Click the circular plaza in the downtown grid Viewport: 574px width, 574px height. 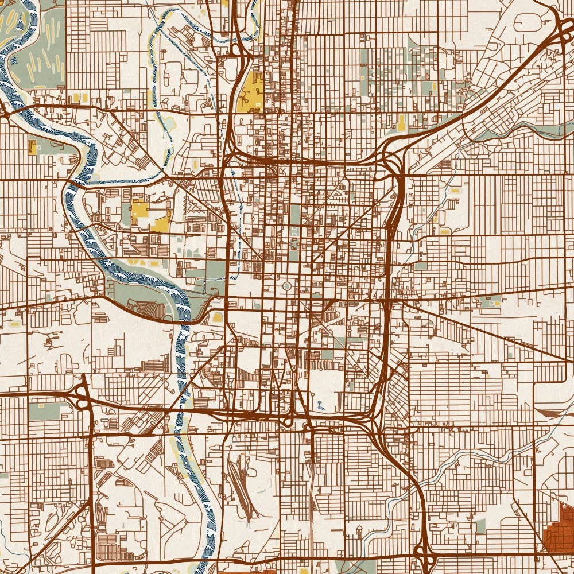(288, 286)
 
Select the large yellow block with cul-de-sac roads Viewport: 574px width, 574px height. (251, 92)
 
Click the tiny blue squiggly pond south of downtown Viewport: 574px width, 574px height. (320, 406)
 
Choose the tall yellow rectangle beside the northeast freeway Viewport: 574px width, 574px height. (401, 122)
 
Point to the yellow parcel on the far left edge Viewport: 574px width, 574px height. (32, 148)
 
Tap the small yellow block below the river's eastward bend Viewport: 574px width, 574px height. (218, 317)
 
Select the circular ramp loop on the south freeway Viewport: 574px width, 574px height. (288, 422)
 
